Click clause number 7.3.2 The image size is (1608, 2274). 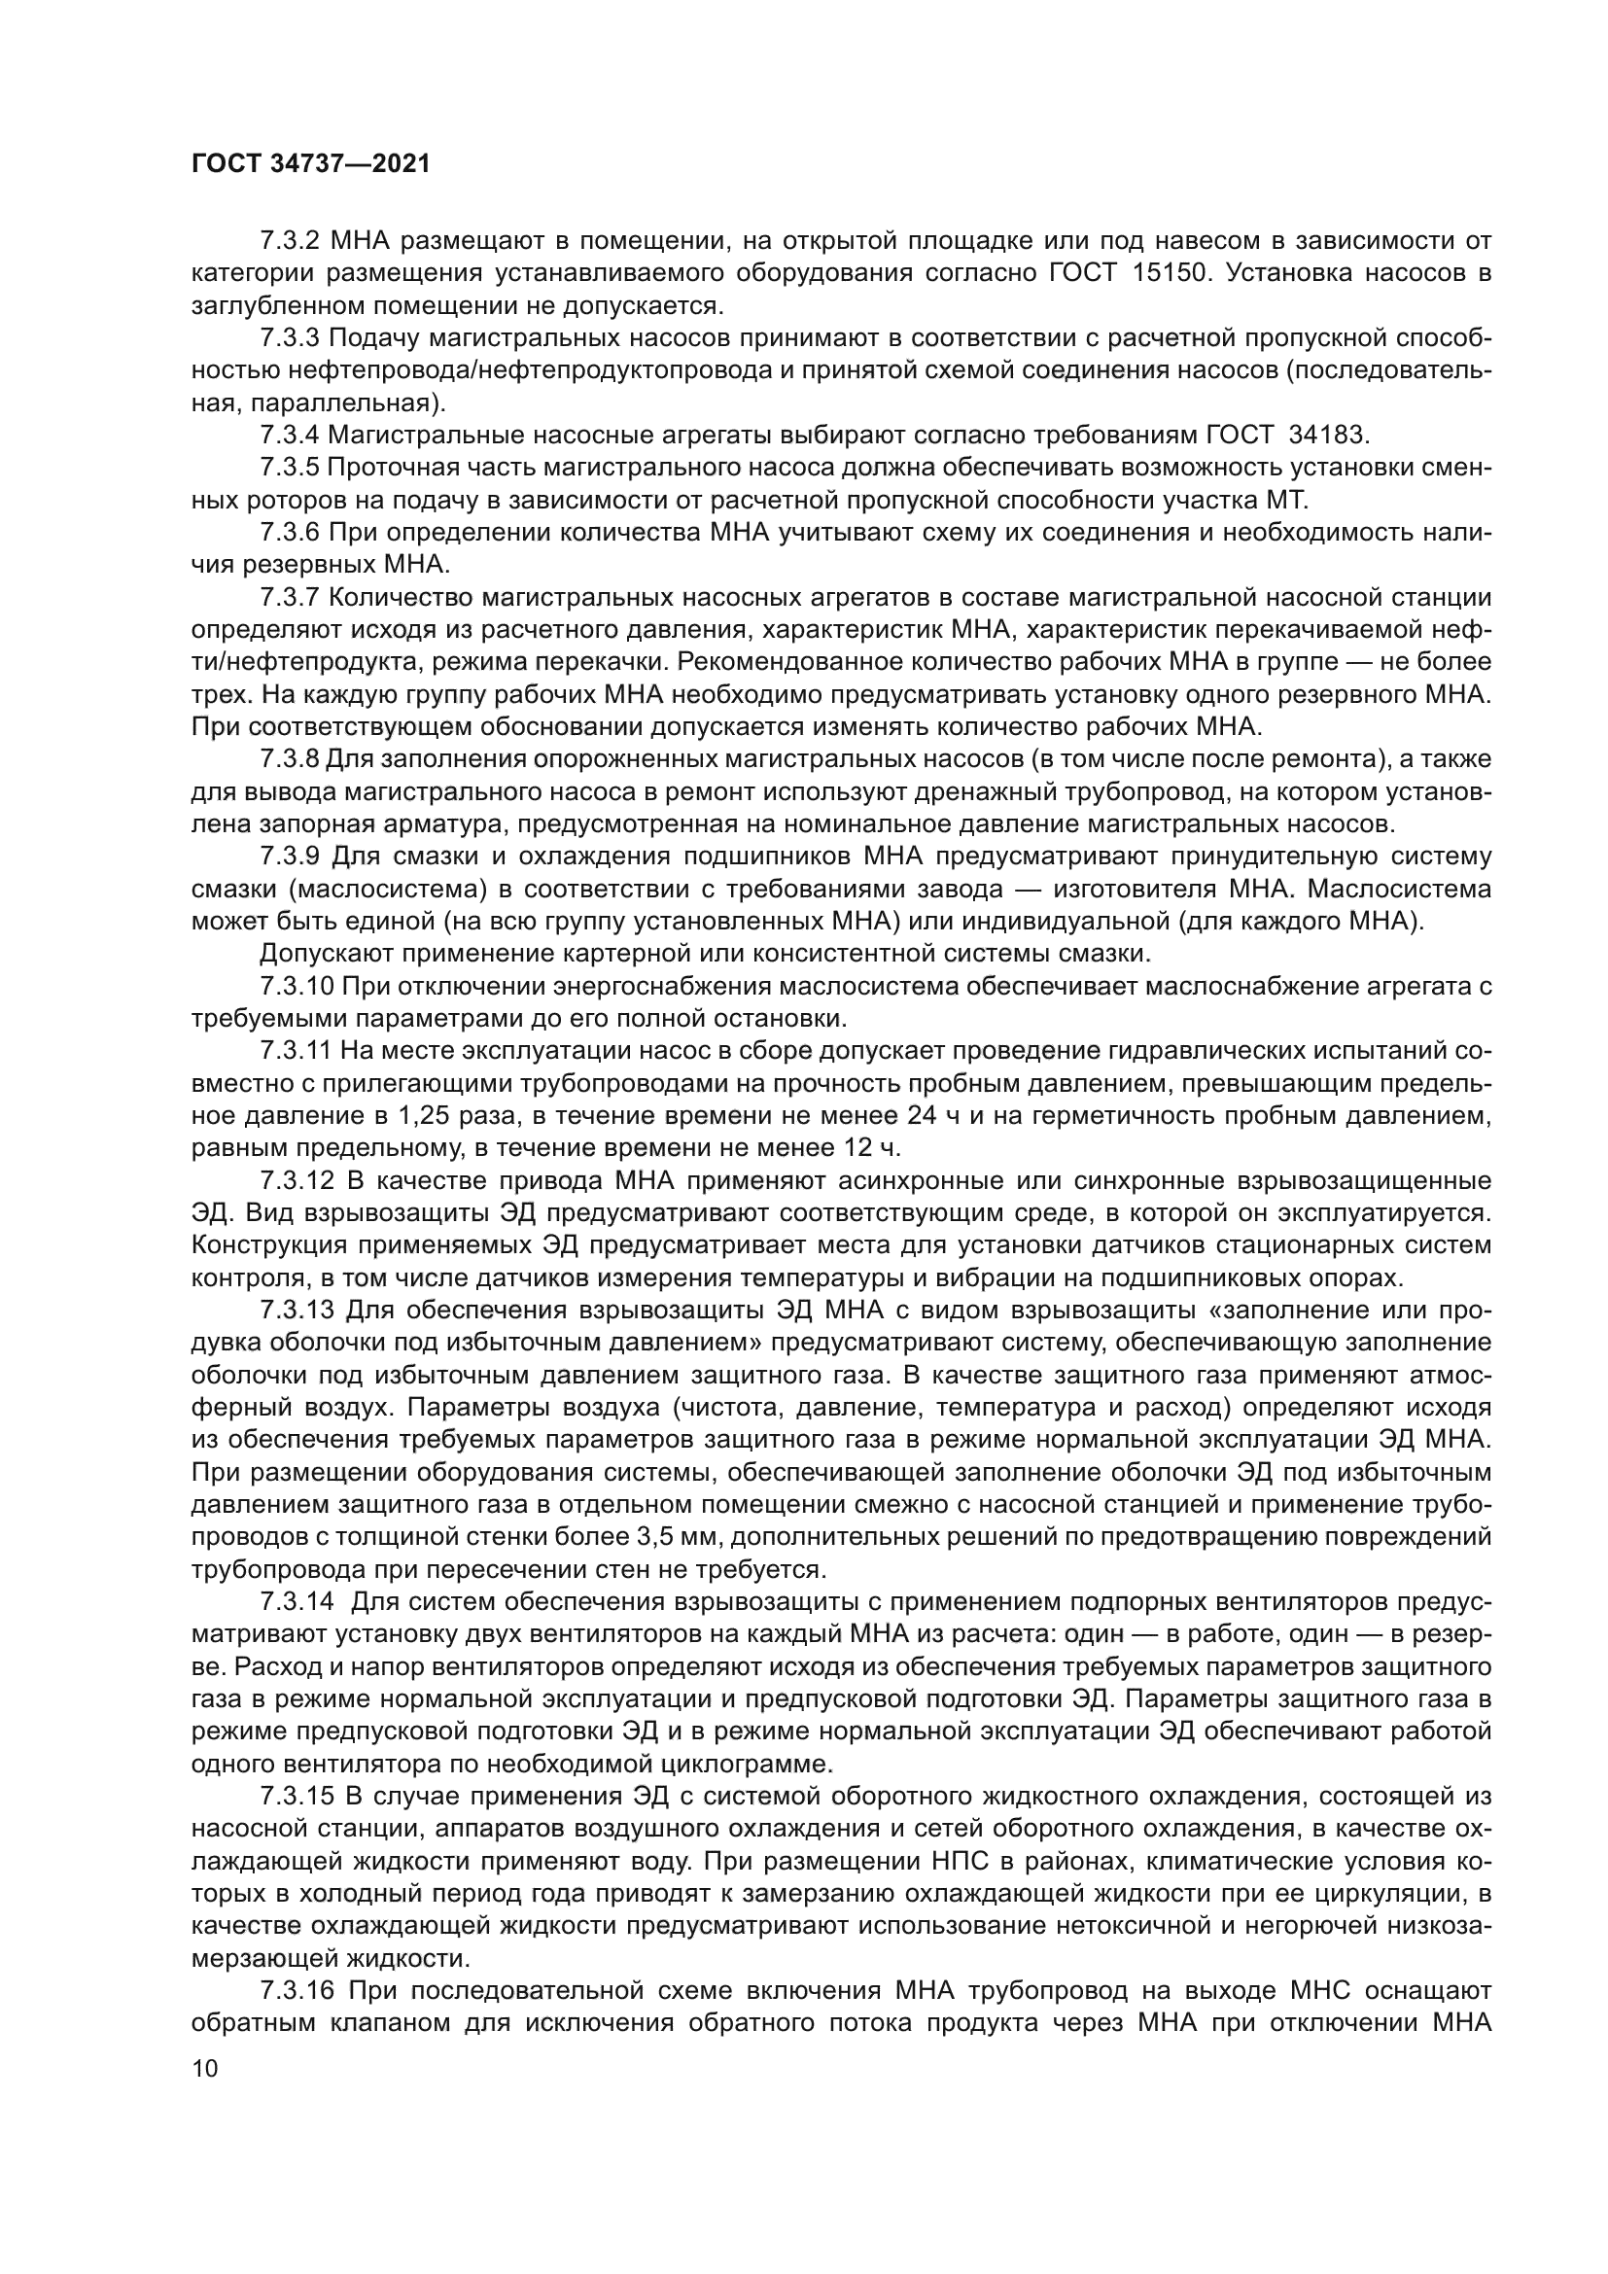pos(289,241)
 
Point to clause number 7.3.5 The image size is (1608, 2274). pos(289,468)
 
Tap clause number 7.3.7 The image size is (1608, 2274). pos(289,597)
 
